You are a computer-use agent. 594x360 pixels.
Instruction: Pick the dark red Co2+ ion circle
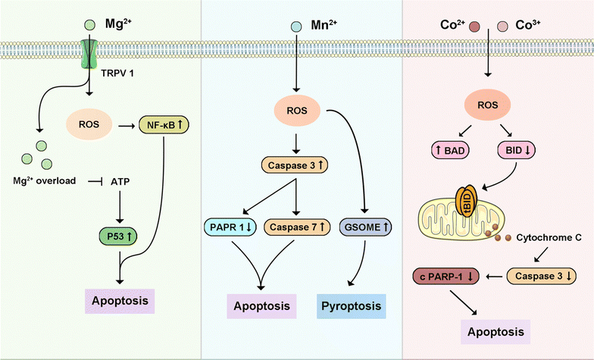tap(474, 27)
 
